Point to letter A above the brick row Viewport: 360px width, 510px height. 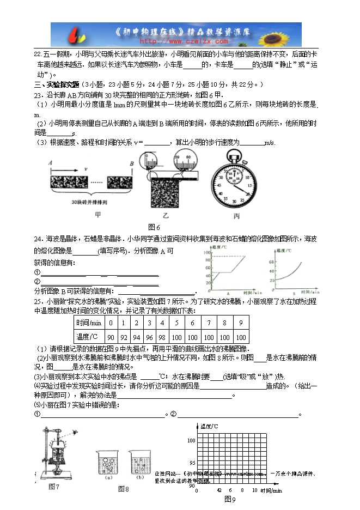pyautogui.click(x=50, y=163)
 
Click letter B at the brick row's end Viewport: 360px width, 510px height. pyautogui.click(x=131, y=163)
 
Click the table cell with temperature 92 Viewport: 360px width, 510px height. pyautogui.click(x=124, y=337)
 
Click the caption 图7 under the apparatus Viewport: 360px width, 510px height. pyautogui.click(x=53, y=486)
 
